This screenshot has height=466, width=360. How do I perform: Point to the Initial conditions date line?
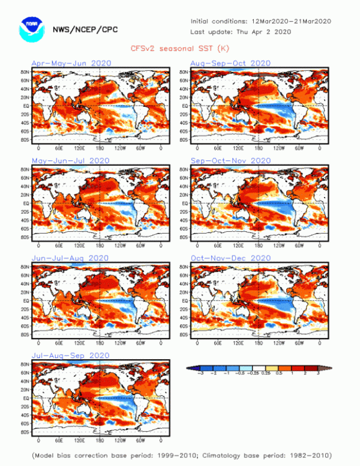261,21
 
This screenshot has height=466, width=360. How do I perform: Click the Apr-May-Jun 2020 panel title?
71,63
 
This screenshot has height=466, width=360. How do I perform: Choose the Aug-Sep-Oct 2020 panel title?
231,63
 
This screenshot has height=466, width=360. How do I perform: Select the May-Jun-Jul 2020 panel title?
70,160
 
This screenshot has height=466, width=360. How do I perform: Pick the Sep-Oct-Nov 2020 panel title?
231,160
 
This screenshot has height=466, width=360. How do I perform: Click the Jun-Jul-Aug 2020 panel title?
70,257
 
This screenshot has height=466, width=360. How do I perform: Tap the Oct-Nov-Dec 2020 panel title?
231,257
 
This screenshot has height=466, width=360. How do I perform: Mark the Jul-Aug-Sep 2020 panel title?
70,355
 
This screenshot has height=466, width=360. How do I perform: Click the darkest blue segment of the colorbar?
194,368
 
